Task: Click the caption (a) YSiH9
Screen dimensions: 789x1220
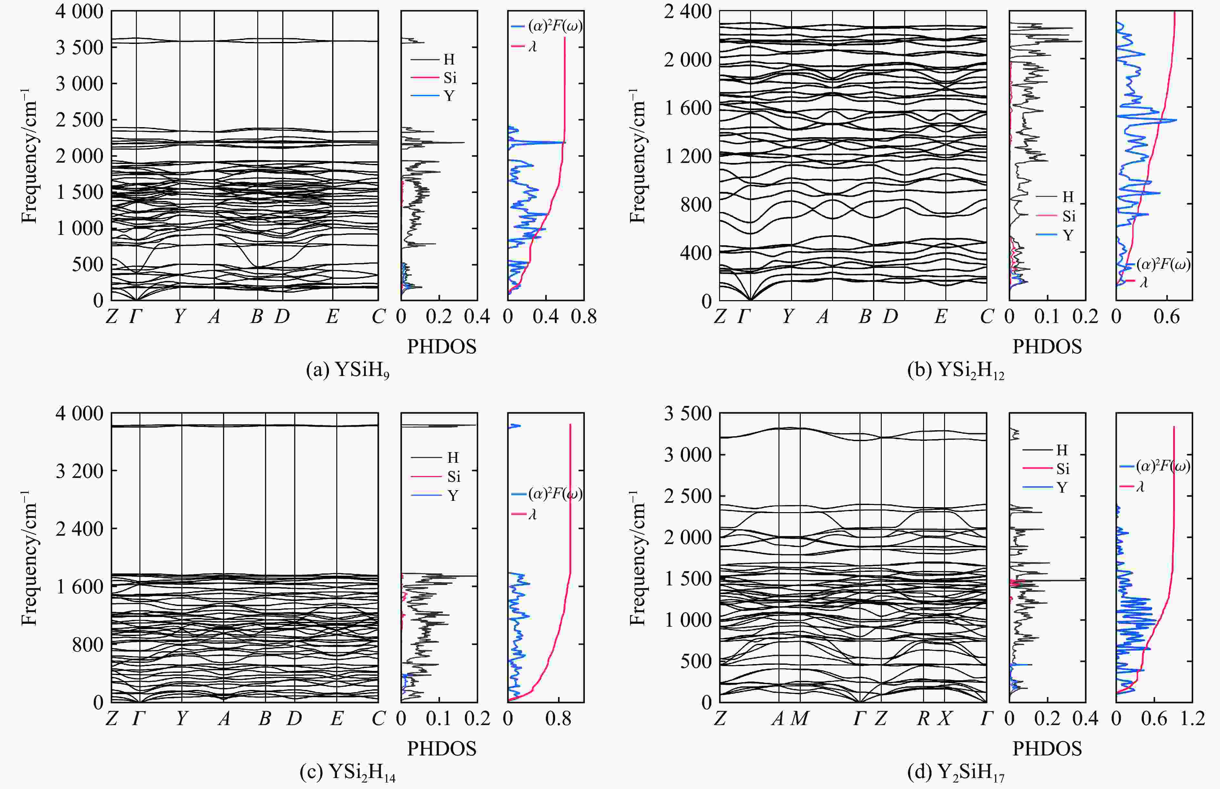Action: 347,370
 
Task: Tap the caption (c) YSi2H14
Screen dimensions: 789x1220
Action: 347,772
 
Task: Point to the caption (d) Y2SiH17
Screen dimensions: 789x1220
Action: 956,772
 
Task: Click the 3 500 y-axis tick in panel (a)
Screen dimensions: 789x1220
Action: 79,47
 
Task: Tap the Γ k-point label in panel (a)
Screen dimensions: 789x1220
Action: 136,317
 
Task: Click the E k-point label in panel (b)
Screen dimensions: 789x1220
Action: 940,317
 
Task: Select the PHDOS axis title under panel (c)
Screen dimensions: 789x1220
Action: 442,749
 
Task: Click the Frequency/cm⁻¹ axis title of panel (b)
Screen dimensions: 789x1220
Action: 636,156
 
